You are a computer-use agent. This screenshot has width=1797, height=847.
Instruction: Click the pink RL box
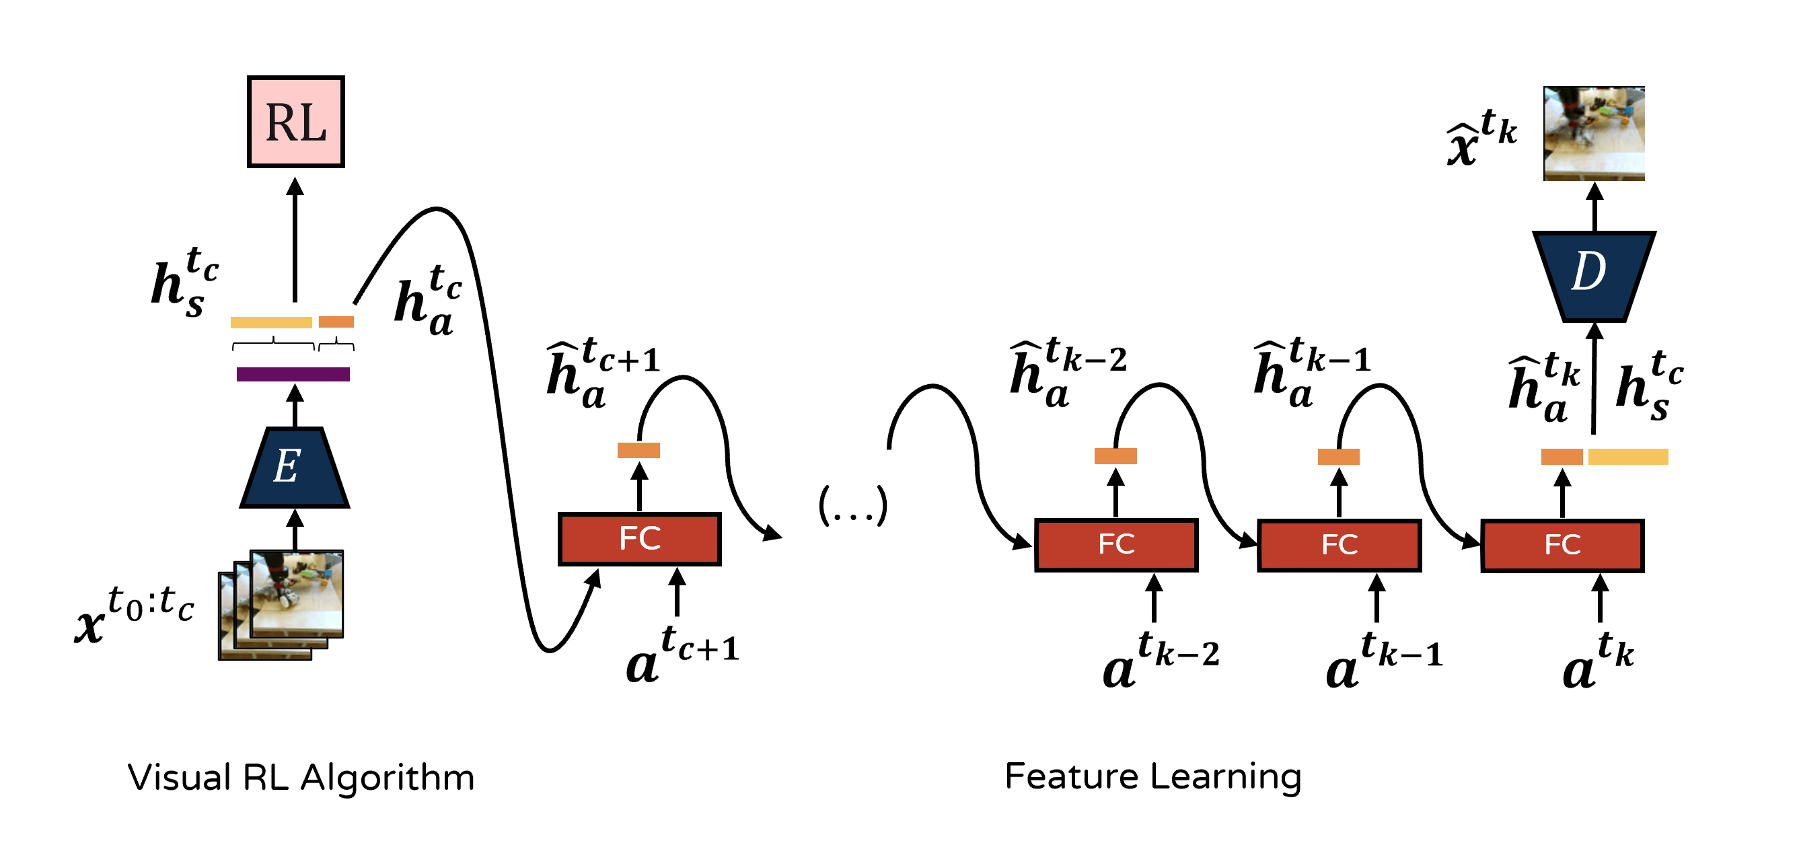(296, 121)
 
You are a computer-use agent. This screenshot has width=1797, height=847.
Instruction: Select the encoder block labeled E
(295, 467)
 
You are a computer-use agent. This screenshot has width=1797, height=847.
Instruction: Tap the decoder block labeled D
(1593, 275)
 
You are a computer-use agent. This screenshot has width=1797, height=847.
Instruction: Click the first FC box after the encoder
(640, 539)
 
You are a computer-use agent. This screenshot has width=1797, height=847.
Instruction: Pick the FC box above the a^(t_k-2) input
(1116, 545)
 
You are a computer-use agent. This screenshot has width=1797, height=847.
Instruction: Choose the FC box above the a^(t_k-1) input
(1340, 545)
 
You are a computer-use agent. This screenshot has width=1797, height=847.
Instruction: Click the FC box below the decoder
(1563, 545)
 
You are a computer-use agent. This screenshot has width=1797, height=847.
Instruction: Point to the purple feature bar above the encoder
(293, 375)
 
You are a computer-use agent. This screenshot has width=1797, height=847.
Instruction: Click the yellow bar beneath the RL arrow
(271, 322)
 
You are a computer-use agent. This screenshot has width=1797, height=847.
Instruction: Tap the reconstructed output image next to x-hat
(1594, 133)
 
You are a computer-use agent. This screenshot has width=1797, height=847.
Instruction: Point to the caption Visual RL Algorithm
(301, 777)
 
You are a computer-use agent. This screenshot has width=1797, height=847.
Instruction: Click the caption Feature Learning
(1152, 776)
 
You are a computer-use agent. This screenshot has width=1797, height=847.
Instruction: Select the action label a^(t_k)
(1597, 661)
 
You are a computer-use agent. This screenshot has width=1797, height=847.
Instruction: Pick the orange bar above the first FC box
(638, 451)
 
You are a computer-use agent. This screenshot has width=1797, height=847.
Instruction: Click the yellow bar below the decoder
(1628, 457)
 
